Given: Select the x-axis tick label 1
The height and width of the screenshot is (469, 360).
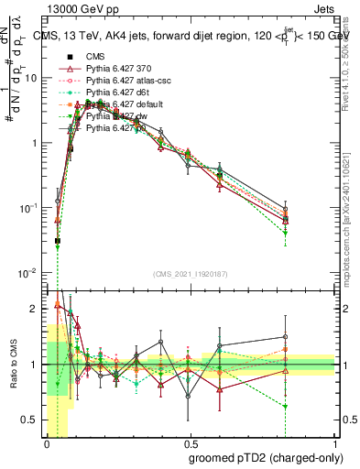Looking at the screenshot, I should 335,442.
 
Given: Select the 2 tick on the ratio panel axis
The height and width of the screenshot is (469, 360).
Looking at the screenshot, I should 36,309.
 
